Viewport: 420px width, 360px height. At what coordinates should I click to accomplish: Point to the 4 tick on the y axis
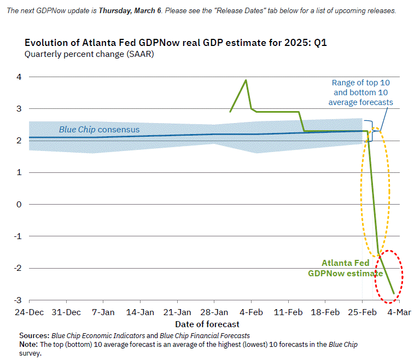[x=19, y=77]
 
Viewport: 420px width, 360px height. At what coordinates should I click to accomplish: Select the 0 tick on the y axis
[x=19, y=204]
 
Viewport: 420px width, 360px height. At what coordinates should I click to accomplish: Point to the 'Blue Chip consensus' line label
[x=99, y=130]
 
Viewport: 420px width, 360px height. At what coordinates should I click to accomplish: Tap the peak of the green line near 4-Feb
[x=246, y=80]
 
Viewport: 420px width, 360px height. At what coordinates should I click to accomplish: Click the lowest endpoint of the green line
[x=393, y=293]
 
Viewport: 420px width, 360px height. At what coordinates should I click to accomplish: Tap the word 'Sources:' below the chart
[x=34, y=335]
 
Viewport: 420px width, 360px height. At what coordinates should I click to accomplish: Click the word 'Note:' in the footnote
[x=28, y=344]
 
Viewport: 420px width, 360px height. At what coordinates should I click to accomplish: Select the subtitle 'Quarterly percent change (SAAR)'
[x=81, y=54]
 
